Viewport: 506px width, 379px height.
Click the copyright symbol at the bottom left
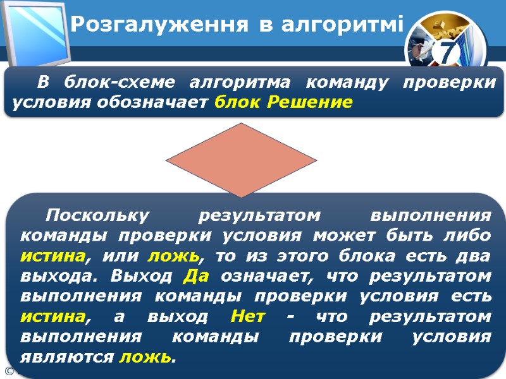pyautogui.click(x=8, y=371)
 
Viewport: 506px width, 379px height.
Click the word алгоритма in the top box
pyautogui.click(x=241, y=83)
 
